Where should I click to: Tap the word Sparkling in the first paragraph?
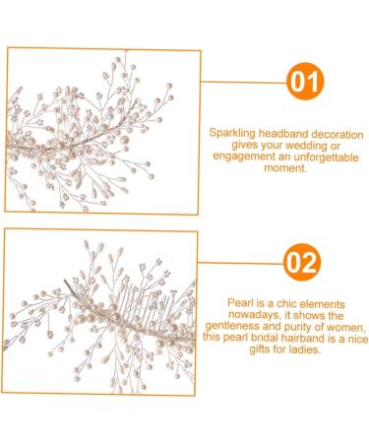pyautogui.click(x=232, y=129)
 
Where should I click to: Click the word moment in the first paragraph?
pyautogui.click(x=278, y=167)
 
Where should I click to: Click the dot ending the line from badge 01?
pyautogui.click(x=200, y=84)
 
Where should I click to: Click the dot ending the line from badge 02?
pyautogui.click(x=200, y=263)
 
